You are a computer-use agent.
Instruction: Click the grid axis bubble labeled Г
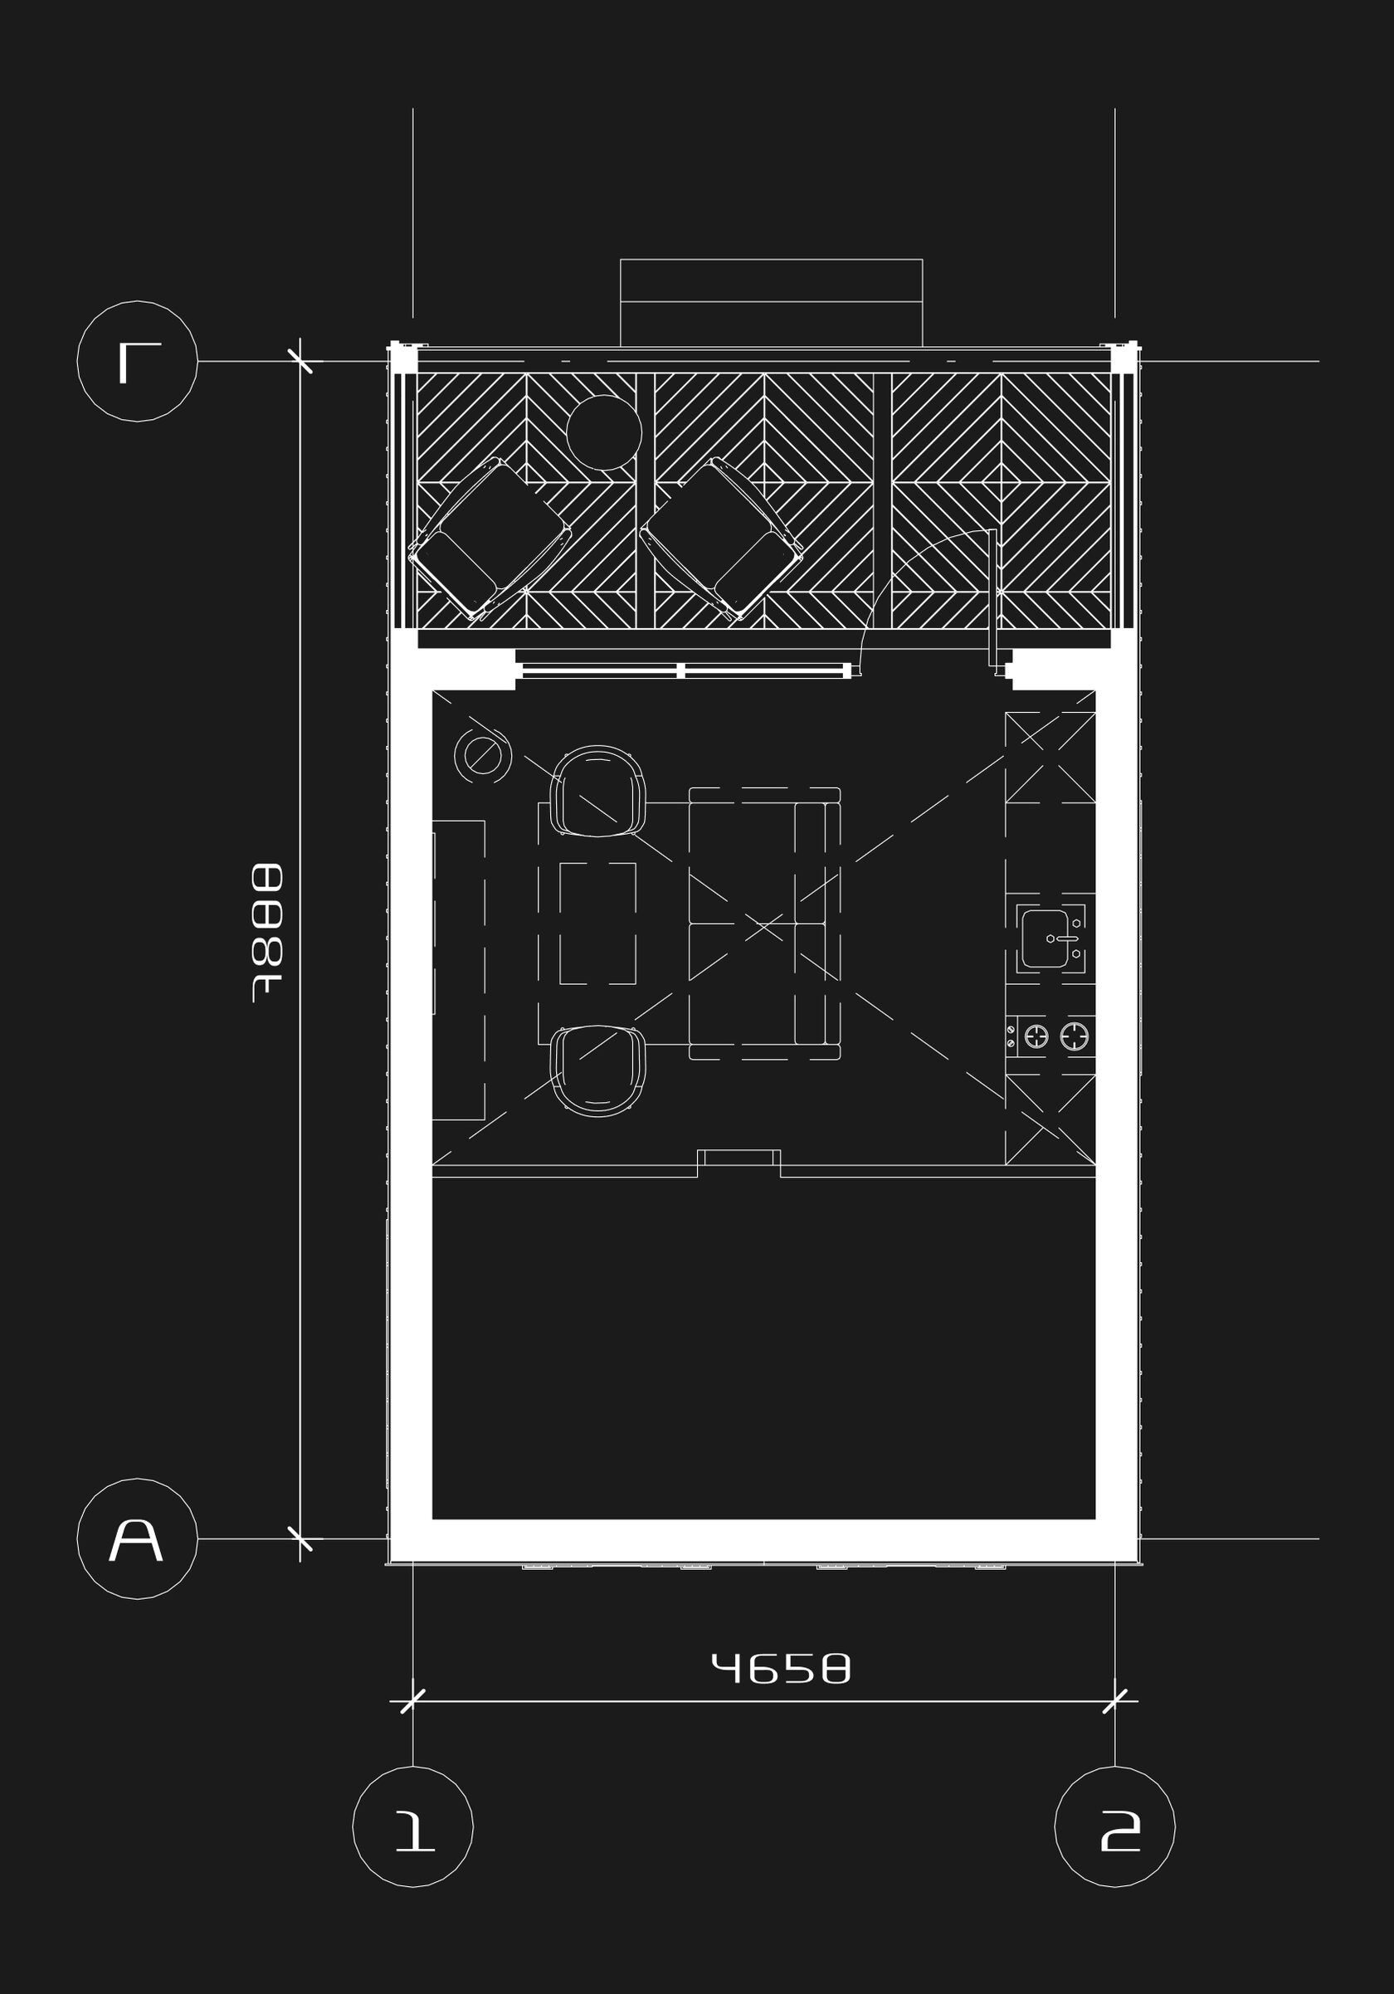pyautogui.click(x=137, y=360)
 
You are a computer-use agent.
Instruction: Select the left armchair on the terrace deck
pyautogui.click(x=490, y=539)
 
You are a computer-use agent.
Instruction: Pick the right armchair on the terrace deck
pyautogui.click(x=721, y=539)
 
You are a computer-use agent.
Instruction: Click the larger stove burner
pyautogui.click(x=1075, y=1036)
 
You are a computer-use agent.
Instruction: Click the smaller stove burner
pyautogui.click(x=1036, y=1036)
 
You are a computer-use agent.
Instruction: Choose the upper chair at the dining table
pyautogui.click(x=598, y=790)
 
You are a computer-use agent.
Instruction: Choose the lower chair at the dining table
pyautogui.click(x=598, y=1070)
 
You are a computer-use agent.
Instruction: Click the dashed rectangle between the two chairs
pyautogui.click(x=597, y=924)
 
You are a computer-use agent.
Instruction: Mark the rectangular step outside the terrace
pyautogui.click(x=770, y=301)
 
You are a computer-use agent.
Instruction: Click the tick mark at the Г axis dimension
pyautogui.click(x=300, y=360)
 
